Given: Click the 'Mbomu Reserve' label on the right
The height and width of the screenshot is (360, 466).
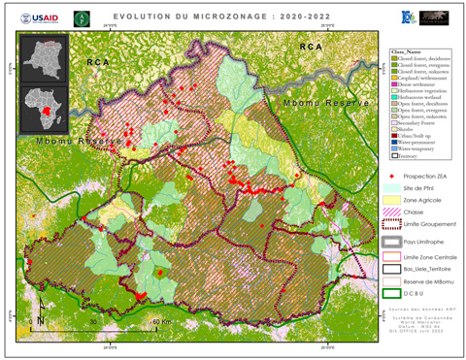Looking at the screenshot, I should click(316, 101).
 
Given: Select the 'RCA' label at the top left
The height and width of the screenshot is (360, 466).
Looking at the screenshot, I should click(98, 62).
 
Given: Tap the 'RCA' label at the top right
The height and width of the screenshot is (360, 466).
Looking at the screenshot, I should click(310, 47).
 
